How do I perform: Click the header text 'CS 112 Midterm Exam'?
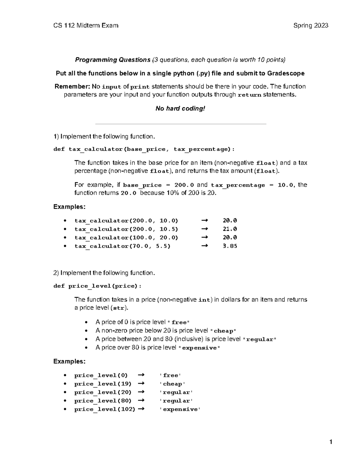pos(86,26)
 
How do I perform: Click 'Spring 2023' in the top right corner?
pos(311,26)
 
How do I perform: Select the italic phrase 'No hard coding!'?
pos(180,109)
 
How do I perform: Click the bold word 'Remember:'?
pos(72,87)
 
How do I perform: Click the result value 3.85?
pos(230,246)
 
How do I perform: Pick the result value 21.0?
pos(230,229)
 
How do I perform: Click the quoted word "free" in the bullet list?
pos(179,323)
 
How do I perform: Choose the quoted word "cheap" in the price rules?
pos(223,331)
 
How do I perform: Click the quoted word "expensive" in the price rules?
pos(199,348)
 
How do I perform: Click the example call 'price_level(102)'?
pos(105,409)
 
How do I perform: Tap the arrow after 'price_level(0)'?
pos(141,375)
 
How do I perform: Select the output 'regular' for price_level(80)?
pos(176,401)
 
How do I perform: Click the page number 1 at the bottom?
pos(331,442)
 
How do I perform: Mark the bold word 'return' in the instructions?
pos(249,95)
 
